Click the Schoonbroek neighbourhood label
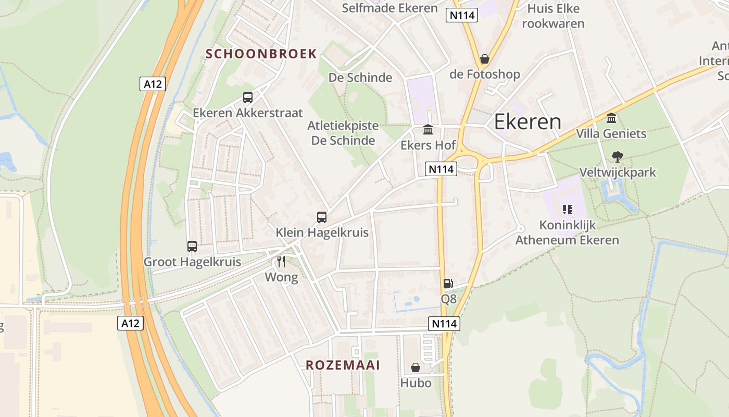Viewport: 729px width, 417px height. pos(261,54)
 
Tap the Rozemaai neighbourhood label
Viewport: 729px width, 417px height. pos(343,365)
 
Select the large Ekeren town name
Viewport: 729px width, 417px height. pos(527,122)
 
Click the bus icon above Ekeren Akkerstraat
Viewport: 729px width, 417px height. pos(248,97)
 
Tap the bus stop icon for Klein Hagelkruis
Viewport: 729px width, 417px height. pos(322,217)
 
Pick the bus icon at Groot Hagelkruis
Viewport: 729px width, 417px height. pos(192,247)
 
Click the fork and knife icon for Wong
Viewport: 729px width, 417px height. pos(281,261)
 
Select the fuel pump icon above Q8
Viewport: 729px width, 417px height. pos(448,284)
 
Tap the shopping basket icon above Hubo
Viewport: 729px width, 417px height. pos(416,368)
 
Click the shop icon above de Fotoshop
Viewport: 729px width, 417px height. pos(485,59)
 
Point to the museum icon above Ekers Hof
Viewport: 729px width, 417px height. pos(428,129)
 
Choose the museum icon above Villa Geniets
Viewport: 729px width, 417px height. pos(611,118)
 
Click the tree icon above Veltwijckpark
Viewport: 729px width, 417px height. pos(618,156)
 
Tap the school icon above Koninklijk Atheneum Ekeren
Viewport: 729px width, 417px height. pos(567,210)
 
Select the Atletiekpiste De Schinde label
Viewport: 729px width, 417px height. pos(343,133)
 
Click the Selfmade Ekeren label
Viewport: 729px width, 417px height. pos(389,8)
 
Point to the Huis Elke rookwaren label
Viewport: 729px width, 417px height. pos(553,16)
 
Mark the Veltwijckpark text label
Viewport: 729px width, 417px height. pos(618,172)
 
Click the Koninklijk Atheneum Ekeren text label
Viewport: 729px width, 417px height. pos(567,233)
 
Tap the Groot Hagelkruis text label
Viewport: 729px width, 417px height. pos(192,262)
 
